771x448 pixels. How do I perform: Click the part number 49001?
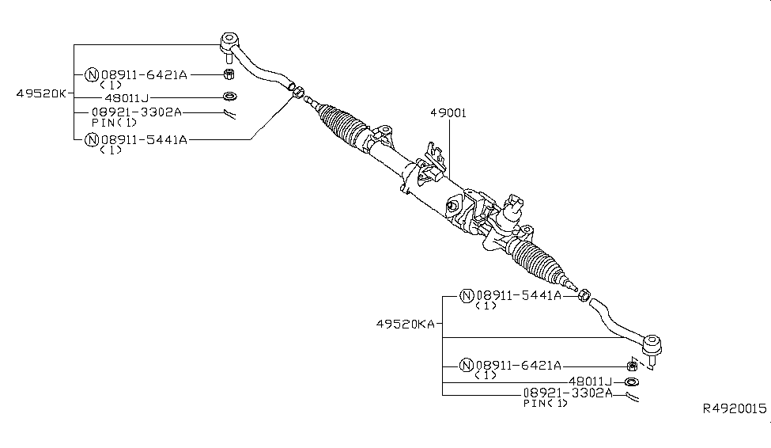[448, 113]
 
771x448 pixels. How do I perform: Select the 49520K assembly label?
[41, 93]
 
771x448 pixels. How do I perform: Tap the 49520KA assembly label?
[406, 325]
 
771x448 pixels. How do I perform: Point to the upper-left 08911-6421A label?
[142, 75]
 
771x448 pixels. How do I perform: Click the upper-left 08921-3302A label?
[136, 112]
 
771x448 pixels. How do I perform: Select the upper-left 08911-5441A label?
[142, 140]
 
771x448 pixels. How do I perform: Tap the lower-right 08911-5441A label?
[518, 296]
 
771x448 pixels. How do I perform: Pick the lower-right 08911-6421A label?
[518, 366]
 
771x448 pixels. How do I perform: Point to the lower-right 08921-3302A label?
[566, 393]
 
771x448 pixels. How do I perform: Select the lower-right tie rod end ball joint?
[652, 345]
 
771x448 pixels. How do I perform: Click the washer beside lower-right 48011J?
[633, 382]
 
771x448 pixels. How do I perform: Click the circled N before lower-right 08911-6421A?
[467, 366]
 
